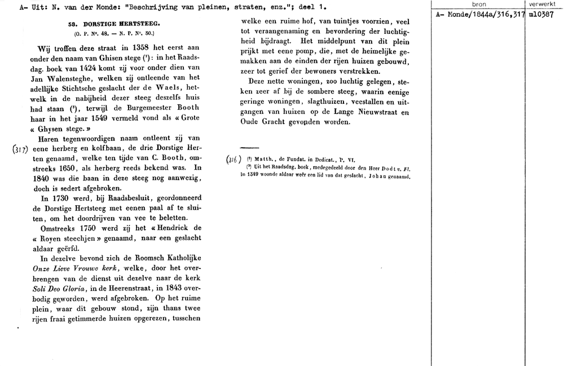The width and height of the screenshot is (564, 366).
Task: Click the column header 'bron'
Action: [x=478, y=4]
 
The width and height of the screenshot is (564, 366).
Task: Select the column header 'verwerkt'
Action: [x=543, y=4]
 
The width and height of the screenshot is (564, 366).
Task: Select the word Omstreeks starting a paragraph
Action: [x=60, y=228]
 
